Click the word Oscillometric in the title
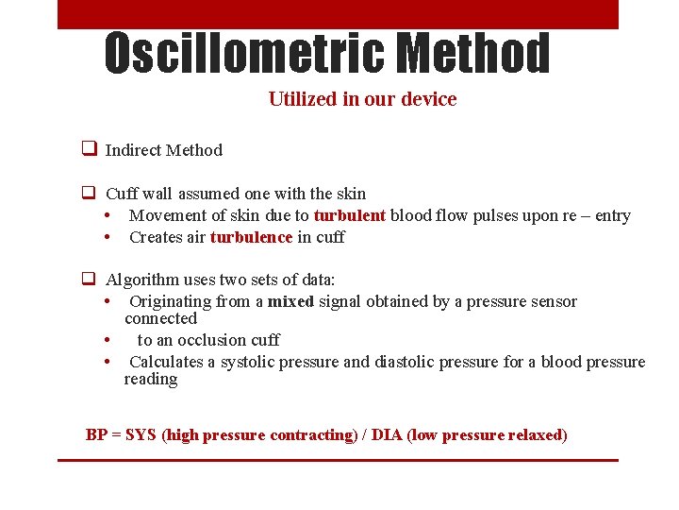coord(245,54)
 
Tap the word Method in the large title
coord(473,54)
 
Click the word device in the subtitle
coord(430,99)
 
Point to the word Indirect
coord(133,150)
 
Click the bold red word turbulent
coord(350,215)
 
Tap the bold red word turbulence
coord(251,237)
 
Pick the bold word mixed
coord(290,302)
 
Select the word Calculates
coord(168,363)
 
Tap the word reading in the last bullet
coord(151,379)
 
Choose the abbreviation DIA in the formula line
coord(387,435)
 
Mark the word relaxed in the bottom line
coord(535,435)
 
